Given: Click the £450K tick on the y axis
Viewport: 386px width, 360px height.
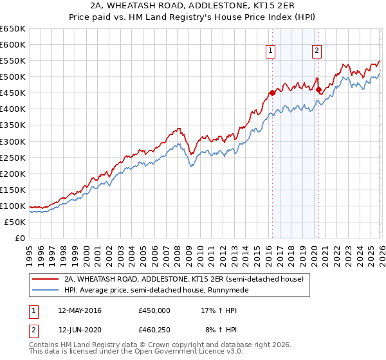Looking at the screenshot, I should (x=13, y=93).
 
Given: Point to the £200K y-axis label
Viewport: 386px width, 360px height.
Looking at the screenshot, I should (x=13, y=174).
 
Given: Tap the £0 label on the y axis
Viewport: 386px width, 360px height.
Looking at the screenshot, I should (x=19, y=238).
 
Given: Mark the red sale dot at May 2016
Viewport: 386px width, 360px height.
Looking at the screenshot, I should (x=271, y=93).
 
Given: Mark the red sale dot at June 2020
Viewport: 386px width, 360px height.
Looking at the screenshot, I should (x=318, y=90).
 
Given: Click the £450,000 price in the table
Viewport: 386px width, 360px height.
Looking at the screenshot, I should (x=154, y=310).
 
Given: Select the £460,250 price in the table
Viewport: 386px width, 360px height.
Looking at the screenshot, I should (x=154, y=330).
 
